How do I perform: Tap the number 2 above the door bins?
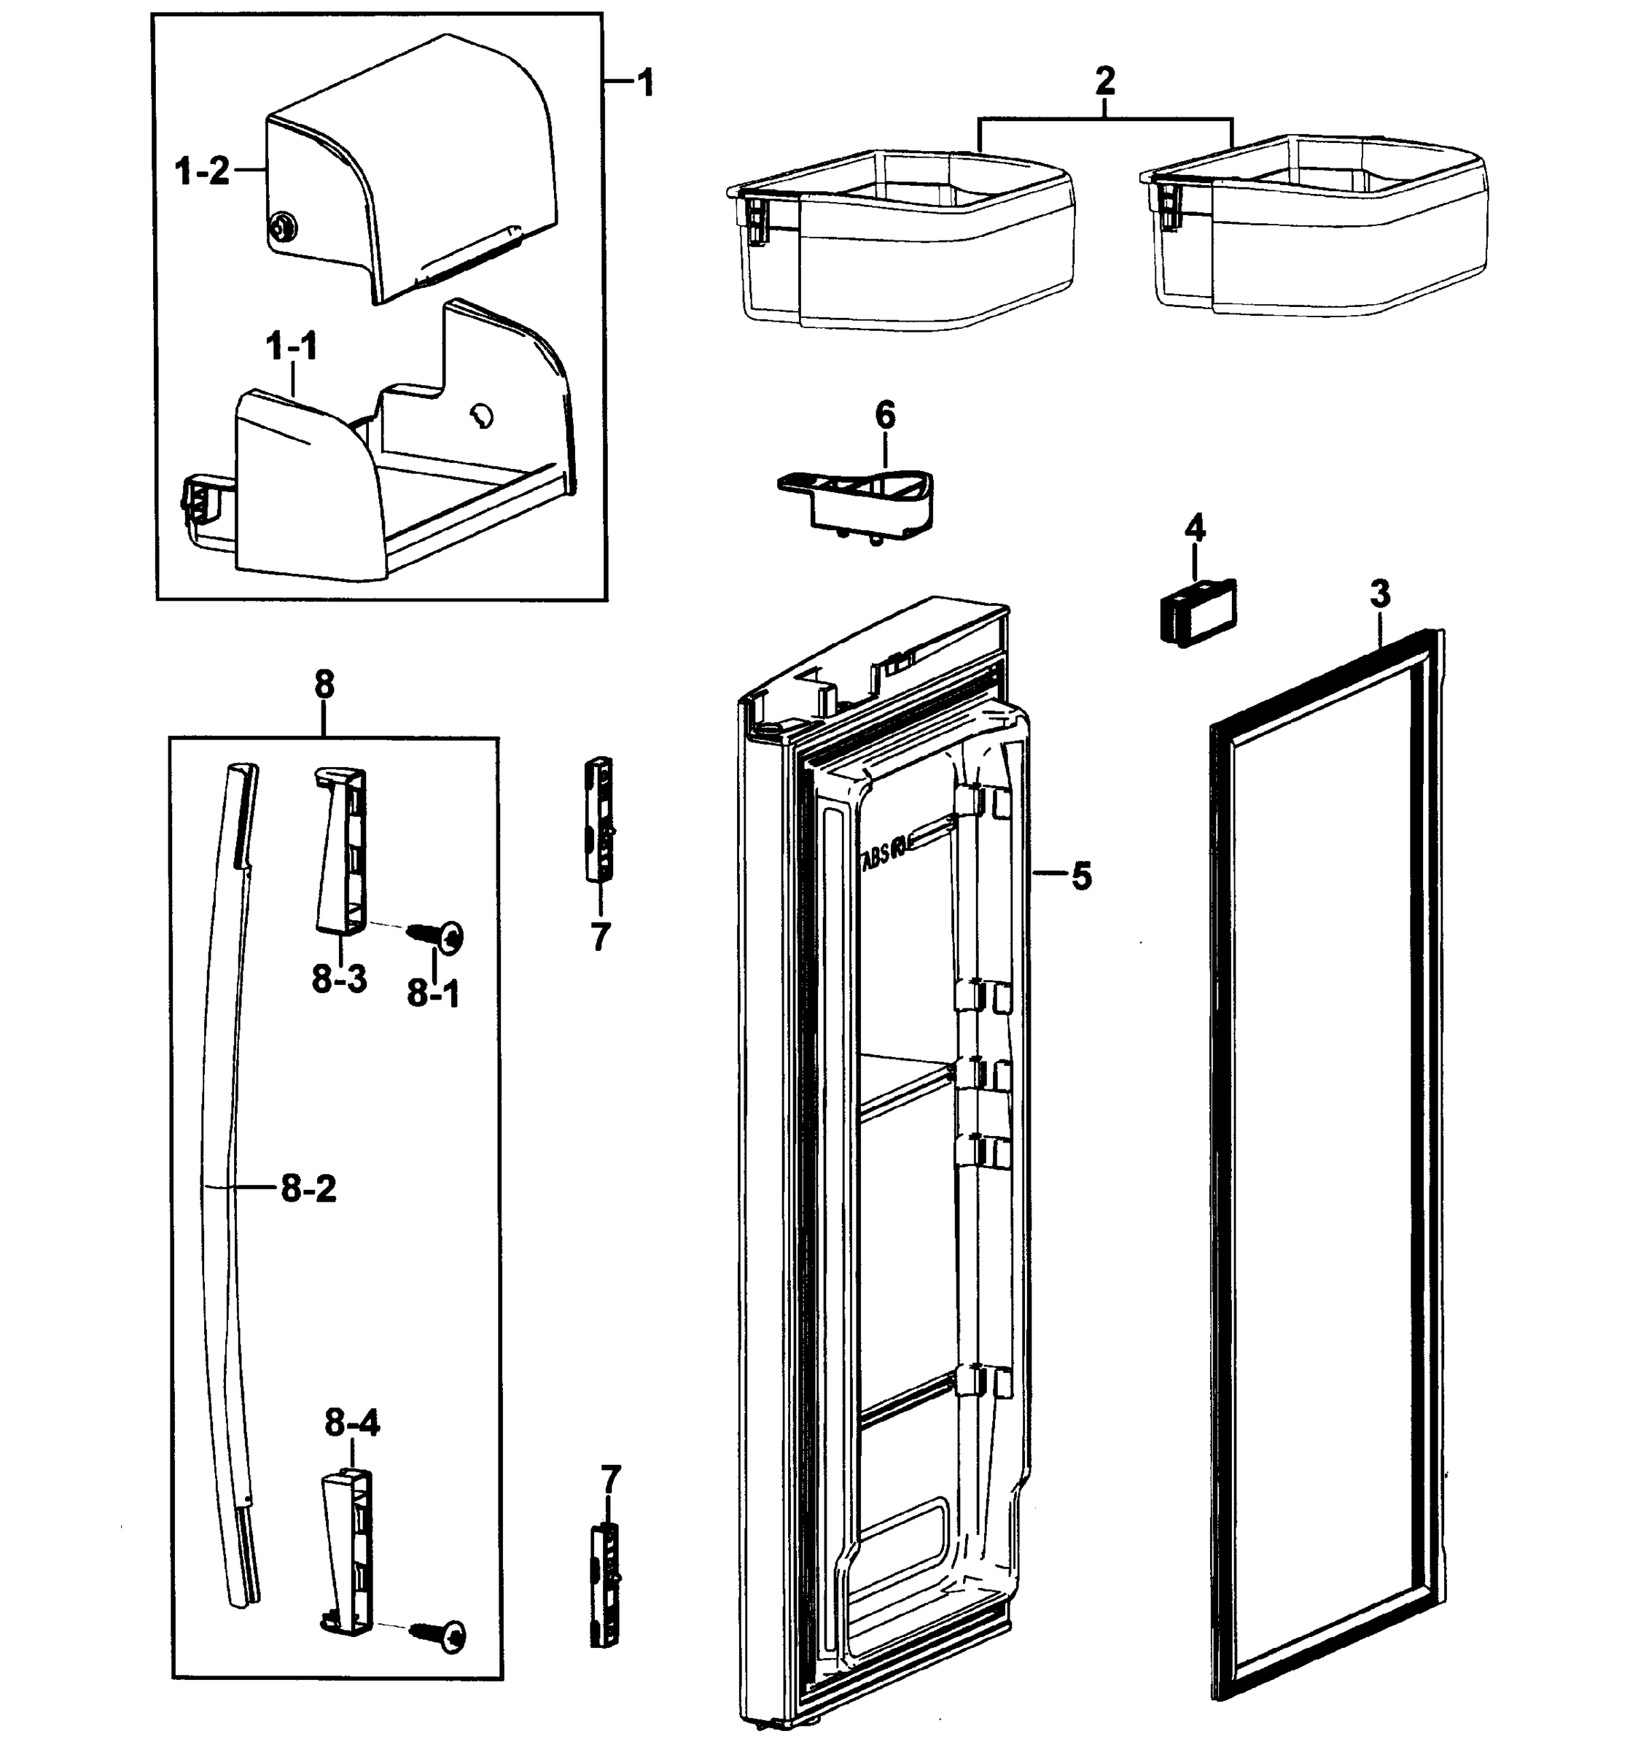pyautogui.click(x=1104, y=82)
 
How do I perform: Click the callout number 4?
pyautogui.click(x=1194, y=529)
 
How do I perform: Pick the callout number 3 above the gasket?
pyautogui.click(x=1380, y=594)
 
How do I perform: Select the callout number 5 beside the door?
pyautogui.click(x=1081, y=876)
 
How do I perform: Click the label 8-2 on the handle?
pyautogui.click(x=308, y=1189)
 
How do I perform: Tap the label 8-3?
pyautogui.click(x=339, y=979)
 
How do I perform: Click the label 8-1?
pyautogui.click(x=433, y=994)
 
